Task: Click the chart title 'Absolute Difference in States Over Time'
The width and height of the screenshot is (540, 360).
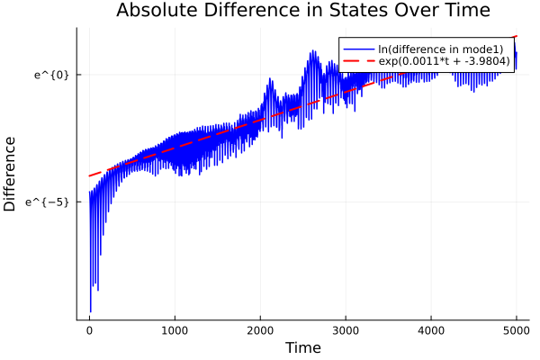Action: click(x=302, y=12)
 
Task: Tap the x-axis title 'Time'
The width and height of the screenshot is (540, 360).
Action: click(x=302, y=347)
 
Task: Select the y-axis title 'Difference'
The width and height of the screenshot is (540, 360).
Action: click(x=11, y=174)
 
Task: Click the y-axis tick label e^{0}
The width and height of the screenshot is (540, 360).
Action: click(x=51, y=74)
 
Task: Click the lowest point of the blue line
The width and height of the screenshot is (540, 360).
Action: click(x=90, y=311)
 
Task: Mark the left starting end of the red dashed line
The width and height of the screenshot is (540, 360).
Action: click(x=89, y=175)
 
